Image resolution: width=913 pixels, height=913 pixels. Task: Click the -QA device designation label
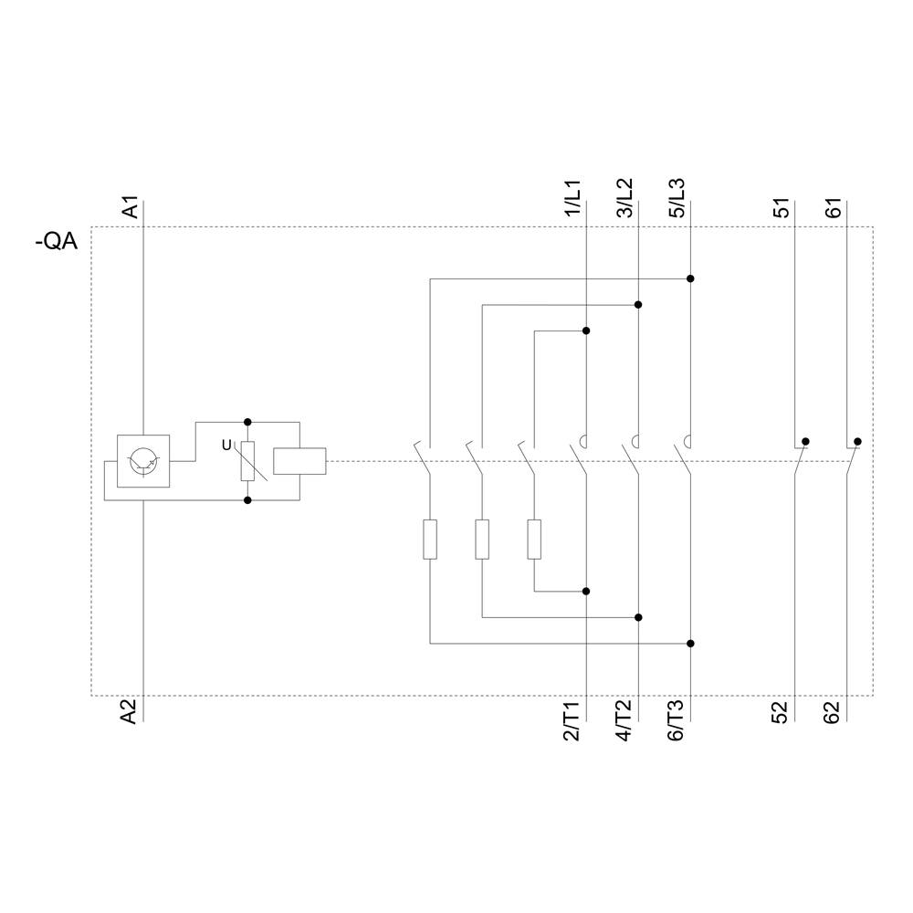pyautogui.click(x=56, y=243)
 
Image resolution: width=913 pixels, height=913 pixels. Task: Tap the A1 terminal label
pyautogui.click(x=131, y=207)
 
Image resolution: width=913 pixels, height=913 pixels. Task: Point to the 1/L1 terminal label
pyautogui.click(x=572, y=199)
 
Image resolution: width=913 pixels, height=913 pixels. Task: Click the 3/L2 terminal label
pyautogui.click(x=624, y=199)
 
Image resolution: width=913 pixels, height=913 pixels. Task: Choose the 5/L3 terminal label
pyautogui.click(x=677, y=199)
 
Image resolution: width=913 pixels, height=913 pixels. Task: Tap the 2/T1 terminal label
pyautogui.click(x=572, y=721)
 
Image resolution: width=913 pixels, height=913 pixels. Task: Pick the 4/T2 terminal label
pyautogui.click(x=624, y=721)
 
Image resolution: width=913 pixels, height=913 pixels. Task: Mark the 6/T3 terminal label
pyautogui.click(x=677, y=721)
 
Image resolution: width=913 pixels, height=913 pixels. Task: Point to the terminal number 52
pyautogui.click(x=782, y=712)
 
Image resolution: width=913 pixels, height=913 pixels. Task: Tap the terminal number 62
pyautogui.click(x=834, y=712)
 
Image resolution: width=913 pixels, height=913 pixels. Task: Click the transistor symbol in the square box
pyautogui.click(x=143, y=461)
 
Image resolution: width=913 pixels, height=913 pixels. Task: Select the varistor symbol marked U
pyautogui.click(x=247, y=461)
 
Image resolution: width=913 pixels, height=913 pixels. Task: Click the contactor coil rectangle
pyautogui.click(x=299, y=461)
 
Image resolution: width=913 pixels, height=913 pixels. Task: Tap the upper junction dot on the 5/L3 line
pyautogui.click(x=690, y=278)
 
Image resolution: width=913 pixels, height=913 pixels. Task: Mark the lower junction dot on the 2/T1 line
pyautogui.click(x=586, y=591)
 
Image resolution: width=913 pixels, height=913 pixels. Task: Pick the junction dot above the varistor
pyautogui.click(x=247, y=422)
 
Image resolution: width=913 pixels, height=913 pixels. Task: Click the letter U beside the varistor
pyautogui.click(x=227, y=445)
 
